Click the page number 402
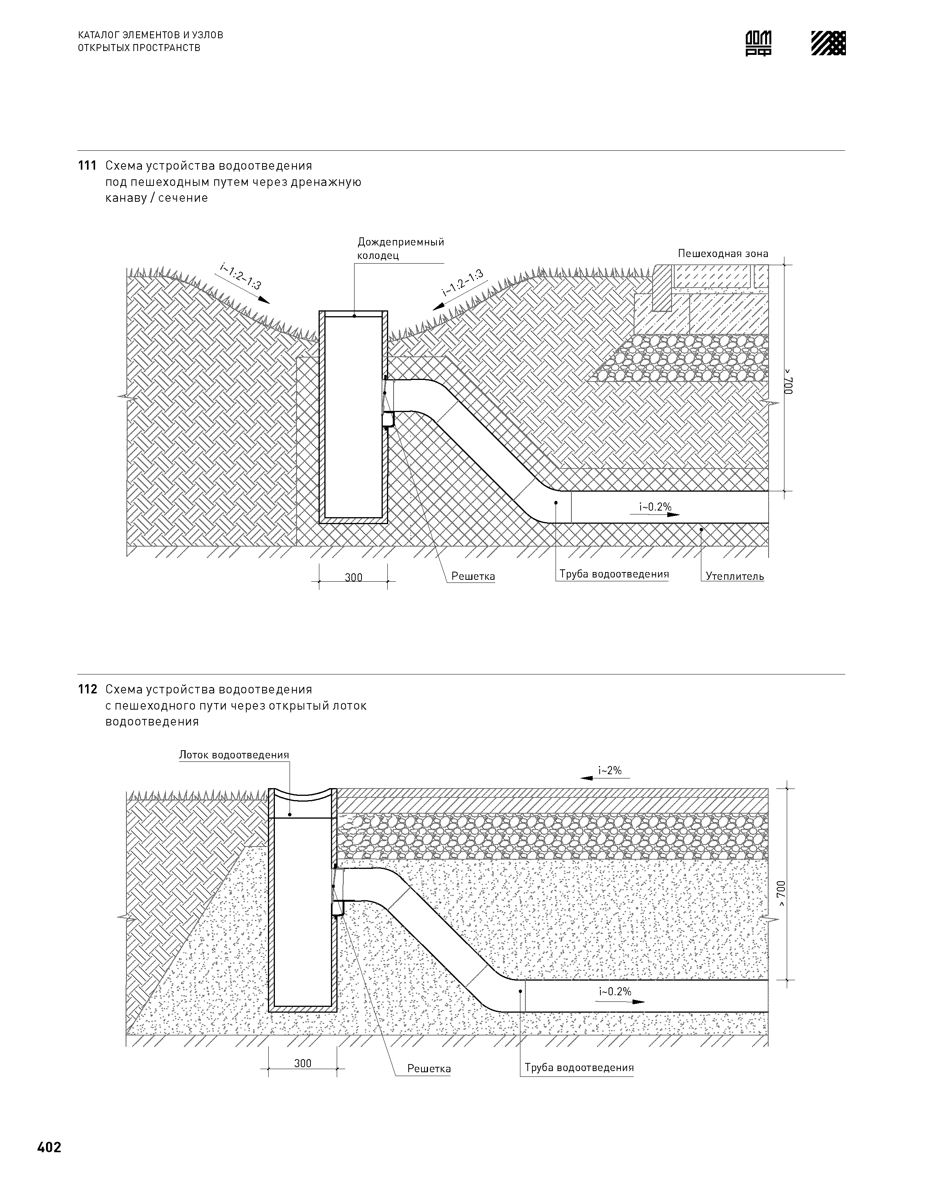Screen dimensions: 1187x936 coord(49,1147)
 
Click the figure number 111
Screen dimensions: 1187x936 coord(87,165)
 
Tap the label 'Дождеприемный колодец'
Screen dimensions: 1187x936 coord(400,248)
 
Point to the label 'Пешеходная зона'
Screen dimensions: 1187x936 coord(722,254)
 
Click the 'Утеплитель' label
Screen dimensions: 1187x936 coord(734,576)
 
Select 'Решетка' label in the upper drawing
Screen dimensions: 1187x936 coord(473,576)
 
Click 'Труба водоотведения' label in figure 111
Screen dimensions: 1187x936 coord(614,574)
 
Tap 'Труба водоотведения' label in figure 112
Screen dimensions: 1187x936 coord(579,1067)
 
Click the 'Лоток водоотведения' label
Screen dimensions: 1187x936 coord(234,755)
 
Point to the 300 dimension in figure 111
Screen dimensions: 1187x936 coord(353,577)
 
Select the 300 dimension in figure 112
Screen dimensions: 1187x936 coord(302,1063)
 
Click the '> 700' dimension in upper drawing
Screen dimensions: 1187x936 coord(788,382)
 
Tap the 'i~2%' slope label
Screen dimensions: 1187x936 coord(610,771)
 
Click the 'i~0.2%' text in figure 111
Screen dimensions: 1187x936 coord(655,507)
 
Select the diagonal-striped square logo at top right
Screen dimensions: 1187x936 coord(828,43)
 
